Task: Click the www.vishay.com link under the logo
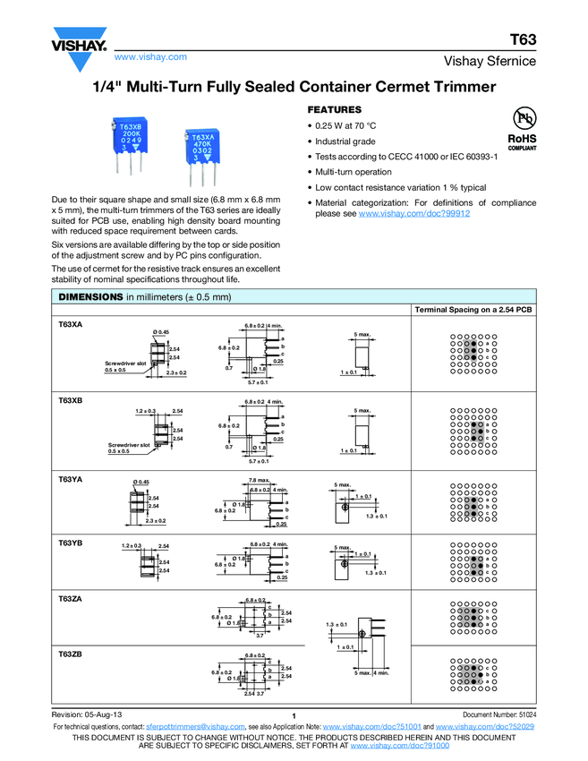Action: pyautogui.click(x=150, y=57)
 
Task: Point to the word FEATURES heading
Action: pyautogui.click(x=334, y=108)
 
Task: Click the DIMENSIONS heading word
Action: pyautogui.click(x=90, y=297)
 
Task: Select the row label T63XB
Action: pyautogui.click(x=71, y=401)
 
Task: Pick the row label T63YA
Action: pyautogui.click(x=71, y=479)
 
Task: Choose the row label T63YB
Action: pyautogui.click(x=71, y=542)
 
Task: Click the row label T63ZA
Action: pyautogui.click(x=71, y=599)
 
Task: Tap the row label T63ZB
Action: pyautogui.click(x=71, y=655)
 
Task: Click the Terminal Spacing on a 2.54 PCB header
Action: pyautogui.click(x=473, y=310)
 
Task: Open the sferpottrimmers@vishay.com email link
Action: pyautogui.click(x=195, y=728)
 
